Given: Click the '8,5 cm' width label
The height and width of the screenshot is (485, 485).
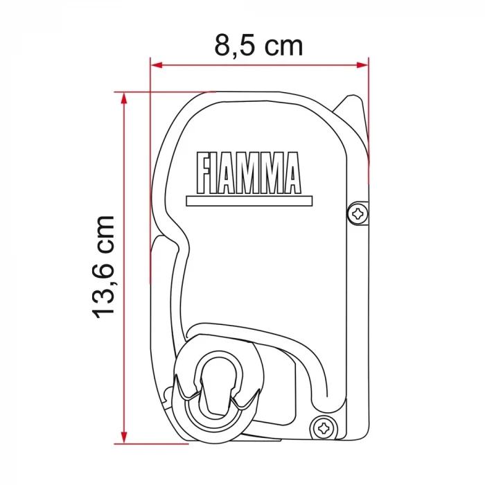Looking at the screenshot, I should click(x=258, y=46).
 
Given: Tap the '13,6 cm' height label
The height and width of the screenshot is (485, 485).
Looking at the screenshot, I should click(x=103, y=266).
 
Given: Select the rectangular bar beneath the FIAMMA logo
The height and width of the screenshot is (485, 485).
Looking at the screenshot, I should click(x=249, y=201).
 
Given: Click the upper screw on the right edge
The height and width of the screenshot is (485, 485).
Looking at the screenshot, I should click(x=358, y=214).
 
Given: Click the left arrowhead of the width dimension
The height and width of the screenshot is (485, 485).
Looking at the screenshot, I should click(x=156, y=66).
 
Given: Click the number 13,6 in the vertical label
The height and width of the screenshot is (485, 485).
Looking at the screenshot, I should click(x=103, y=291).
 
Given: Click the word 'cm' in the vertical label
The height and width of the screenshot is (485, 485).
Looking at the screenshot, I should click(x=103, y=233).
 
